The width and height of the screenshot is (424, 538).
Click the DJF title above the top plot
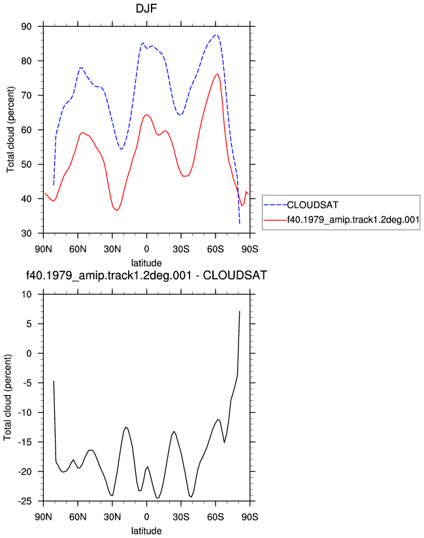(146, 8)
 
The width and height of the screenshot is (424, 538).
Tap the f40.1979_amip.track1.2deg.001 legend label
(353, 219)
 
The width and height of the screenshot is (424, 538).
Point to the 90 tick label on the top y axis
(26, 26)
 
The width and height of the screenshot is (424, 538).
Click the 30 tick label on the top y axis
(26, 233)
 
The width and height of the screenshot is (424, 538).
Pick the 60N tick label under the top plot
(78, 249)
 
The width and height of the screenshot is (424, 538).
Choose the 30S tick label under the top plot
(181, 249)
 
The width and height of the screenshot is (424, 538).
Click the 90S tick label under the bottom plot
(250, 517)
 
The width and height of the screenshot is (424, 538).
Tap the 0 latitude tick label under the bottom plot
(146, 517)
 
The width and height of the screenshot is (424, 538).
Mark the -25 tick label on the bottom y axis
(25, 501)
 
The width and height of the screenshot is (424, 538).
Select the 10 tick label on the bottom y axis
(26, 294)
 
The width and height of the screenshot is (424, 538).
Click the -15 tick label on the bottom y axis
(25, 442)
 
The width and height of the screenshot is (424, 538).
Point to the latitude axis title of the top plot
(146, 263)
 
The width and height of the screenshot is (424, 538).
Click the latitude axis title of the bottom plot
(146, 531)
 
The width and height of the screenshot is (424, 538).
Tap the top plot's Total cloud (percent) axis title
(10, 130)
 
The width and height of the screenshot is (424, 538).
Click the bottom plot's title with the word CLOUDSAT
(146, 275)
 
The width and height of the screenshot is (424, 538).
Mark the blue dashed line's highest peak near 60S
(216, 35)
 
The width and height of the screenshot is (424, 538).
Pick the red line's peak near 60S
(218, 74)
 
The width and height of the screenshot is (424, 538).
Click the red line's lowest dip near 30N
(117, 210)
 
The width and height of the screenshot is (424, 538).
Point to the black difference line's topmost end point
(240, 311)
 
